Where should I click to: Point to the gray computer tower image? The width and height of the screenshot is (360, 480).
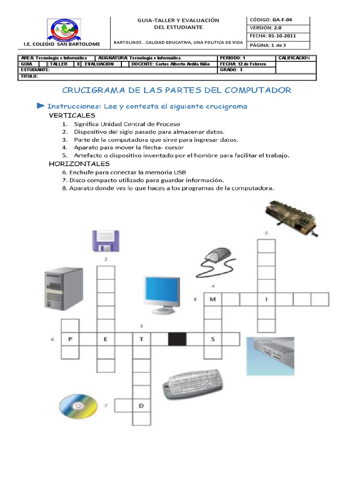(61, 291)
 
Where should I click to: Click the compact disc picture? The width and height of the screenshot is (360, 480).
(79, 405)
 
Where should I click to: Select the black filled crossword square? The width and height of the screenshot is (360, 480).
(177, 339)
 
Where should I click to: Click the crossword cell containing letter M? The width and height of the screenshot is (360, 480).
(213, 299)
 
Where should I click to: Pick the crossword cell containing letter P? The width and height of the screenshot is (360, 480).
(70, 339)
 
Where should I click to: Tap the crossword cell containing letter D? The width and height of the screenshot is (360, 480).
(141, 405)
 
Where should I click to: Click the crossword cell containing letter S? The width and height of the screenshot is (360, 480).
(213, 339)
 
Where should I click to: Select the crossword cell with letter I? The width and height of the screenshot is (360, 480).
(266, 299)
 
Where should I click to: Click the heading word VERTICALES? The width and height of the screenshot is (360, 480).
(72, 115)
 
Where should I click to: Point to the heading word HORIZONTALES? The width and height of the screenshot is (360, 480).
(79, 164)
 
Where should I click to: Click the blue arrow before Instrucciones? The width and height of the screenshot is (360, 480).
(41, 106)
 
